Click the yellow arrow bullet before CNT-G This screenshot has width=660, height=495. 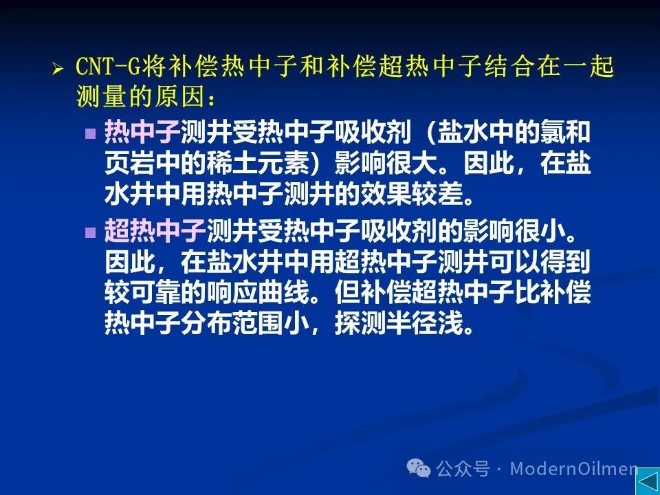coord(58,68)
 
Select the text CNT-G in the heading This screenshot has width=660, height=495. coord(108,67)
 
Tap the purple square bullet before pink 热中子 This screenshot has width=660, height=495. coord(91,133)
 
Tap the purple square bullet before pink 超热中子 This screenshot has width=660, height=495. coord(91,232)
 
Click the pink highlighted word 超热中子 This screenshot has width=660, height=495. coord(155,231)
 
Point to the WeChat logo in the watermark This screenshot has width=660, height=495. coord(419,467)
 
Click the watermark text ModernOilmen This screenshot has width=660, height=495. coord(573,468)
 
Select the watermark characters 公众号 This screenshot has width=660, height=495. coord(463,468)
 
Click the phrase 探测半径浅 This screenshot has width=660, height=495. coord(398,323)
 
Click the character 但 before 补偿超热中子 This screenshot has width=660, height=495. coord(347,291)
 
